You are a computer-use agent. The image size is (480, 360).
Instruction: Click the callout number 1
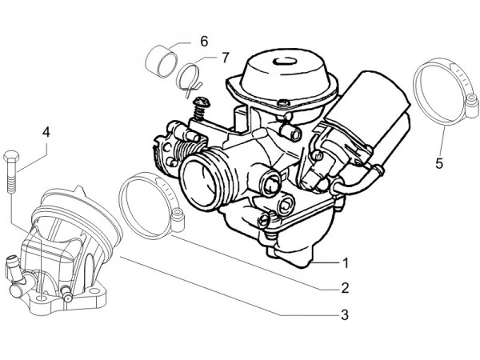coord(345,262)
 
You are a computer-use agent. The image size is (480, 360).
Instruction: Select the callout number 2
coord(345,287)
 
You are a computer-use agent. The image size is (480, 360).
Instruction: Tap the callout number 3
coord(345,314)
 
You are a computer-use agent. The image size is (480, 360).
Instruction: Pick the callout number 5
coord(438,164)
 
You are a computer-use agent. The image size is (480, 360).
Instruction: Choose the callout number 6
coord(204,40)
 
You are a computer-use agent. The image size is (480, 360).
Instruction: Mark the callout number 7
coord(226,57)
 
